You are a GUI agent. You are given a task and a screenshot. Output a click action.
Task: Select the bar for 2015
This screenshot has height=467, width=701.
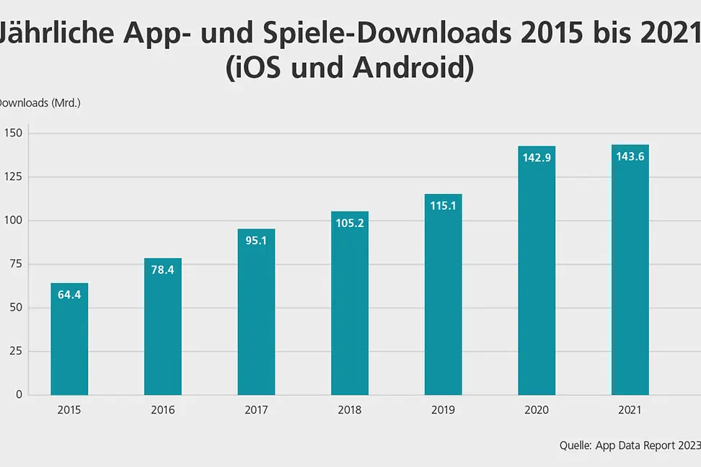pyautogui.click(x=69, y=339)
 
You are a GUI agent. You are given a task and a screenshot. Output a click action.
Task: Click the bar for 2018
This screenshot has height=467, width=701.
pyautogui.click(x=350, y=303)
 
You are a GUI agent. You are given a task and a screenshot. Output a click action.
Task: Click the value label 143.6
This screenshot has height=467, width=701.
pyautogui.click(x=630, y=156)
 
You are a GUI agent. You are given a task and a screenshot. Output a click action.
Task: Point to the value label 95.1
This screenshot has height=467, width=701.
pyautogui.click(x=256, y=241)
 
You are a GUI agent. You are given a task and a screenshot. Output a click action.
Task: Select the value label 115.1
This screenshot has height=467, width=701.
pyautogui.click(x=443, y=205)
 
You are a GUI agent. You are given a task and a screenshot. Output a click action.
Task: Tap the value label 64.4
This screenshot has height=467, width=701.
pyautogui.click(x=69, y=294)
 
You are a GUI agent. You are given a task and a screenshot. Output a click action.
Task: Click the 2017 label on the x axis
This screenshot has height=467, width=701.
pyautogui.click(x=256, y=410)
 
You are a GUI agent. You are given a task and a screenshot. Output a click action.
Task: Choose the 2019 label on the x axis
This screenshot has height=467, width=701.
pyautogui.click(x=443, y=410)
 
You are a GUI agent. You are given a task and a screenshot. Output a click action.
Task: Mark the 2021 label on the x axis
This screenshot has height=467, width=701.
pyautogui.click(x=630, y=410)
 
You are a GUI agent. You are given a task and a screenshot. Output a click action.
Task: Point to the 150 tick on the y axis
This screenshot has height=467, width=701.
pyautogui.click(x=14, y=133)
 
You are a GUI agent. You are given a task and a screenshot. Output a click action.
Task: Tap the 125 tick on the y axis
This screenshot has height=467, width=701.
pyautogui.click(x=14, y=177)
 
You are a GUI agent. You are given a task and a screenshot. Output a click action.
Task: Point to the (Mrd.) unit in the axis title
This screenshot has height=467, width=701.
pyautogui.click(x=66, y=102)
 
